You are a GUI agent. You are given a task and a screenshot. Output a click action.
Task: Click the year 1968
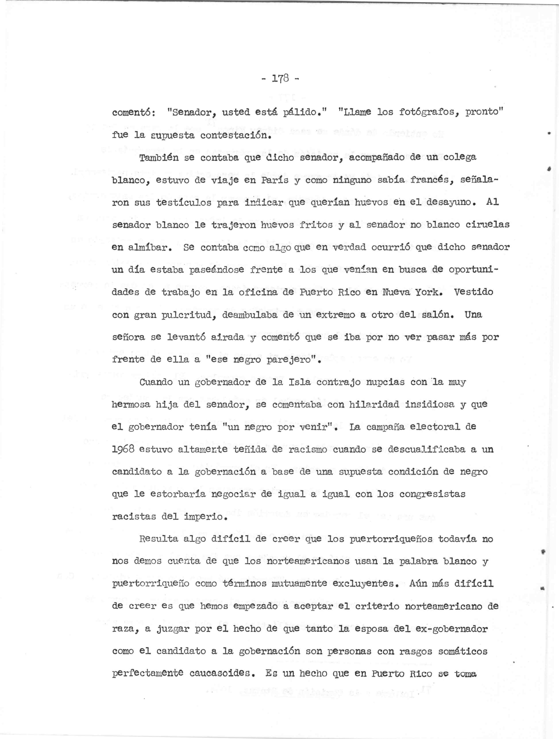pyautogui.click(x=123, y=449)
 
